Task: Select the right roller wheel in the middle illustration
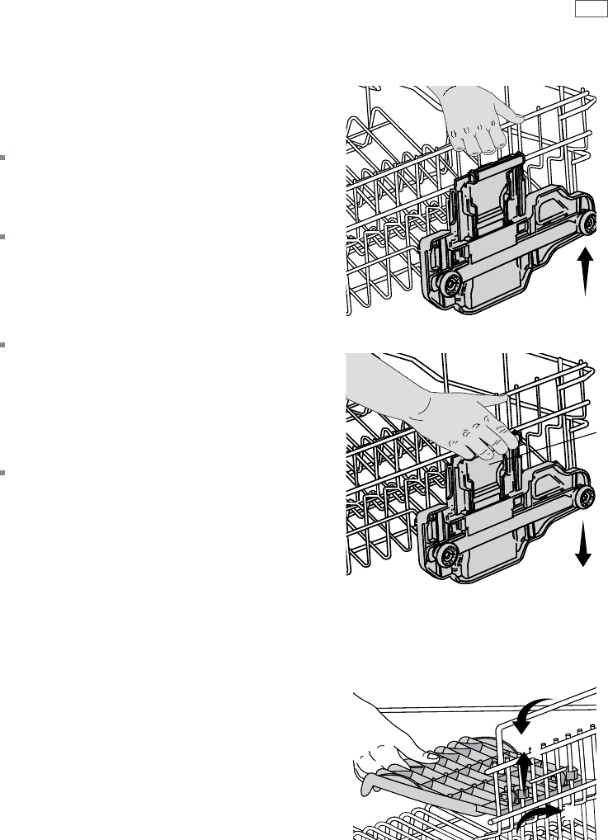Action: [585, 496]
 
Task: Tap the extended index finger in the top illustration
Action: [507, 118]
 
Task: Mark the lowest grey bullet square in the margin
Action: [2, 473]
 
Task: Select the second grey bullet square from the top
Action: [2, 237]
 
